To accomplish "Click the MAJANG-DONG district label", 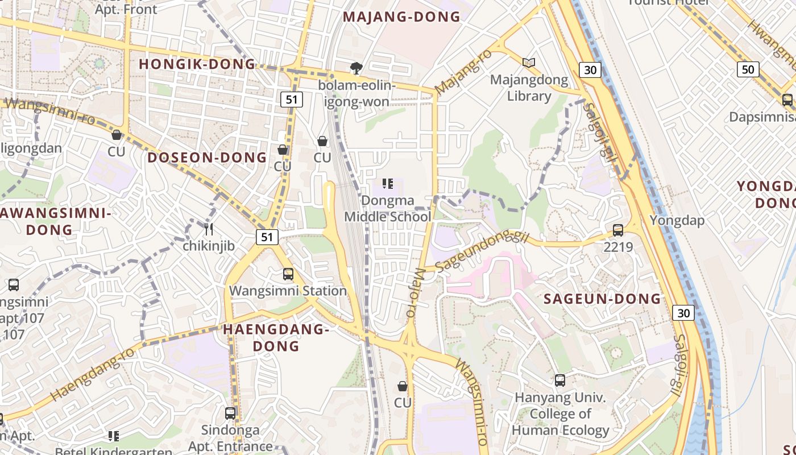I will pyautogui.click(x=401, y=17).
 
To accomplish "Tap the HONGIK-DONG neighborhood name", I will pyautogui.click(x=198, y=64).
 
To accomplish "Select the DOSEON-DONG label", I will pyautogui.click(x=207, y=158).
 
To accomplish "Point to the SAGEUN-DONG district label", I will pyautogui.click(x=602, y=299).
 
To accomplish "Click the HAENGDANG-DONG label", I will pyautogui.click(x=276, y=337).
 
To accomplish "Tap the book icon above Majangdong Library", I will pyautogui.click(x=529, y=63).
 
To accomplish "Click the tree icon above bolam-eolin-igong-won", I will pyautogui.click(x=356, y=68).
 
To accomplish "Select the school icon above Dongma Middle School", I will pyautogui.click(x=388, y=184).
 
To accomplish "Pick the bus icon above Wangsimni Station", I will pyautogui.click(x=288, y=274).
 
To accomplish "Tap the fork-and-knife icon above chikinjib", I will pyautogui.click(x=209, y=229).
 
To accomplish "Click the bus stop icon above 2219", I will pyautogui.click(x=618, y=230).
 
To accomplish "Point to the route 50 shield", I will pyautogui.click(x=748, y=70).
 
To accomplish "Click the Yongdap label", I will pyautogui.click(x=677, y=221).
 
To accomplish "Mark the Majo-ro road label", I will pyautogui.click(x=414, y=293).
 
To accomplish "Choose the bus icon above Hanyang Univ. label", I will pyautogui.click(x=560, y=380).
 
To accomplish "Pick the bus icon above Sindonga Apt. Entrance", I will pyautogui.click(x=230, y=413).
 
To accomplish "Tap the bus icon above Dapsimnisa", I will pyautogui.click(x=787, y=100).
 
